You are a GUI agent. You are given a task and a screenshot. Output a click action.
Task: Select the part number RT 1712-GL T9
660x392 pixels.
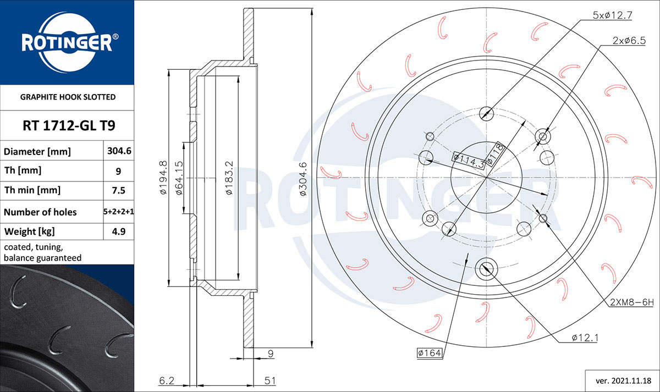pyautogui.click(x=69, y=126)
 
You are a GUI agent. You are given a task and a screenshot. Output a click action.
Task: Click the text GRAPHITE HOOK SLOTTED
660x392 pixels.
pyautogui.click(x=68, y=97)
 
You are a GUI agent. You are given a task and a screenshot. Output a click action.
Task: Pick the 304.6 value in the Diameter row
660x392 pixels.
pyautogui.click(x=119, y=151)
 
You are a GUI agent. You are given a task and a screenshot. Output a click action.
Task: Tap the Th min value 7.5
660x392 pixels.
pyautogui.click(x=118, y=191)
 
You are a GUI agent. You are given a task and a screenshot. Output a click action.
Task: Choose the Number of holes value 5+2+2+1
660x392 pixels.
pyautogui.click(x=118, y=212)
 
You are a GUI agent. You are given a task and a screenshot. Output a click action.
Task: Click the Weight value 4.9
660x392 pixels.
pyautogui.click(x=118, y=231)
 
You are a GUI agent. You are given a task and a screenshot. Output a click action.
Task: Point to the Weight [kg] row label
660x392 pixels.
pyautogui.click(x=30, y=231)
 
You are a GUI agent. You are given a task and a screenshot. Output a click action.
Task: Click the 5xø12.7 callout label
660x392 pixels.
pyautogui.click(x=612, y=15)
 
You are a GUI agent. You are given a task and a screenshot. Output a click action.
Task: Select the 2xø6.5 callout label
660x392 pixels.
pyautogui.click(x=629, y=40)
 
